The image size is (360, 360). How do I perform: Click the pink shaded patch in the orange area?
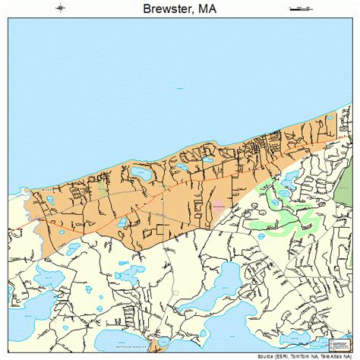(x=219, y=206)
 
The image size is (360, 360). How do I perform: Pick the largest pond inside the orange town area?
(x=141, y=174)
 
